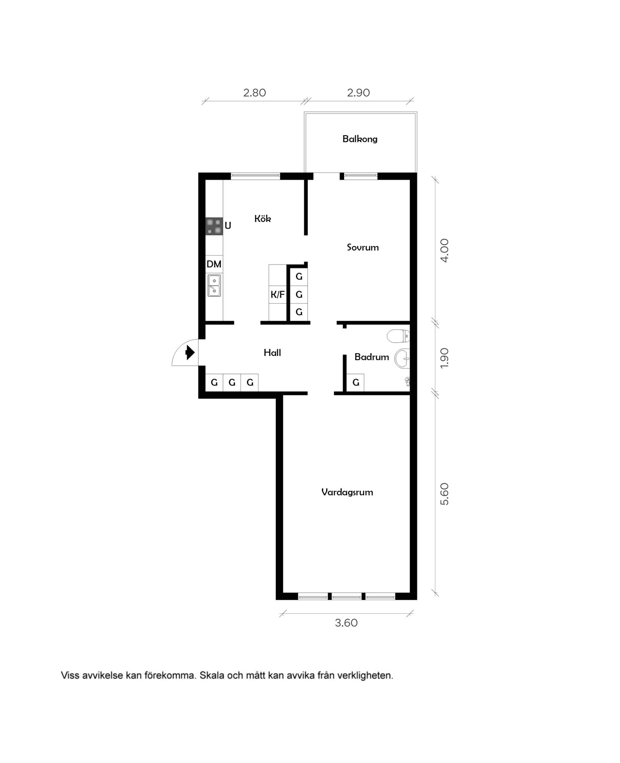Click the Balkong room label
pyautogui.click(x=360, y=139)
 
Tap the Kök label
pyautogui.click(x=263, y=218)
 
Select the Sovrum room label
pyautogui.click(x=362, y=247)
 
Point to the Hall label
pyautogui.click(x=272, y=353)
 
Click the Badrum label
pyautogui.click(x=372, y=357)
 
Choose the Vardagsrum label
pyautogui.click(x=347, y=492)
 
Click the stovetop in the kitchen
pyautogui.click(x=214, y=226)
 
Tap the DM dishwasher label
pyautogui.click(x=214, y=264)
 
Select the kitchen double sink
pyautogui.click(x=214, y=286)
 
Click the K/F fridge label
pyautogui.click(x=277, y=295)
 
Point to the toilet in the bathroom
pyautogui.click(x=398, y=336)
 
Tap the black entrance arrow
pyautogui.click(x=190, y=353)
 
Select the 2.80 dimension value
pyautogui.click(x=254, y=93)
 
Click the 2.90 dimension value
pyautogui.click(x=358, y=93)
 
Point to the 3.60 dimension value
pyautogui.click(x=346, y=623)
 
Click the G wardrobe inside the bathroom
pyautogui.click(x=356, y=383)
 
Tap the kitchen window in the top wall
pyautogui.click(x=255, y=176)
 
